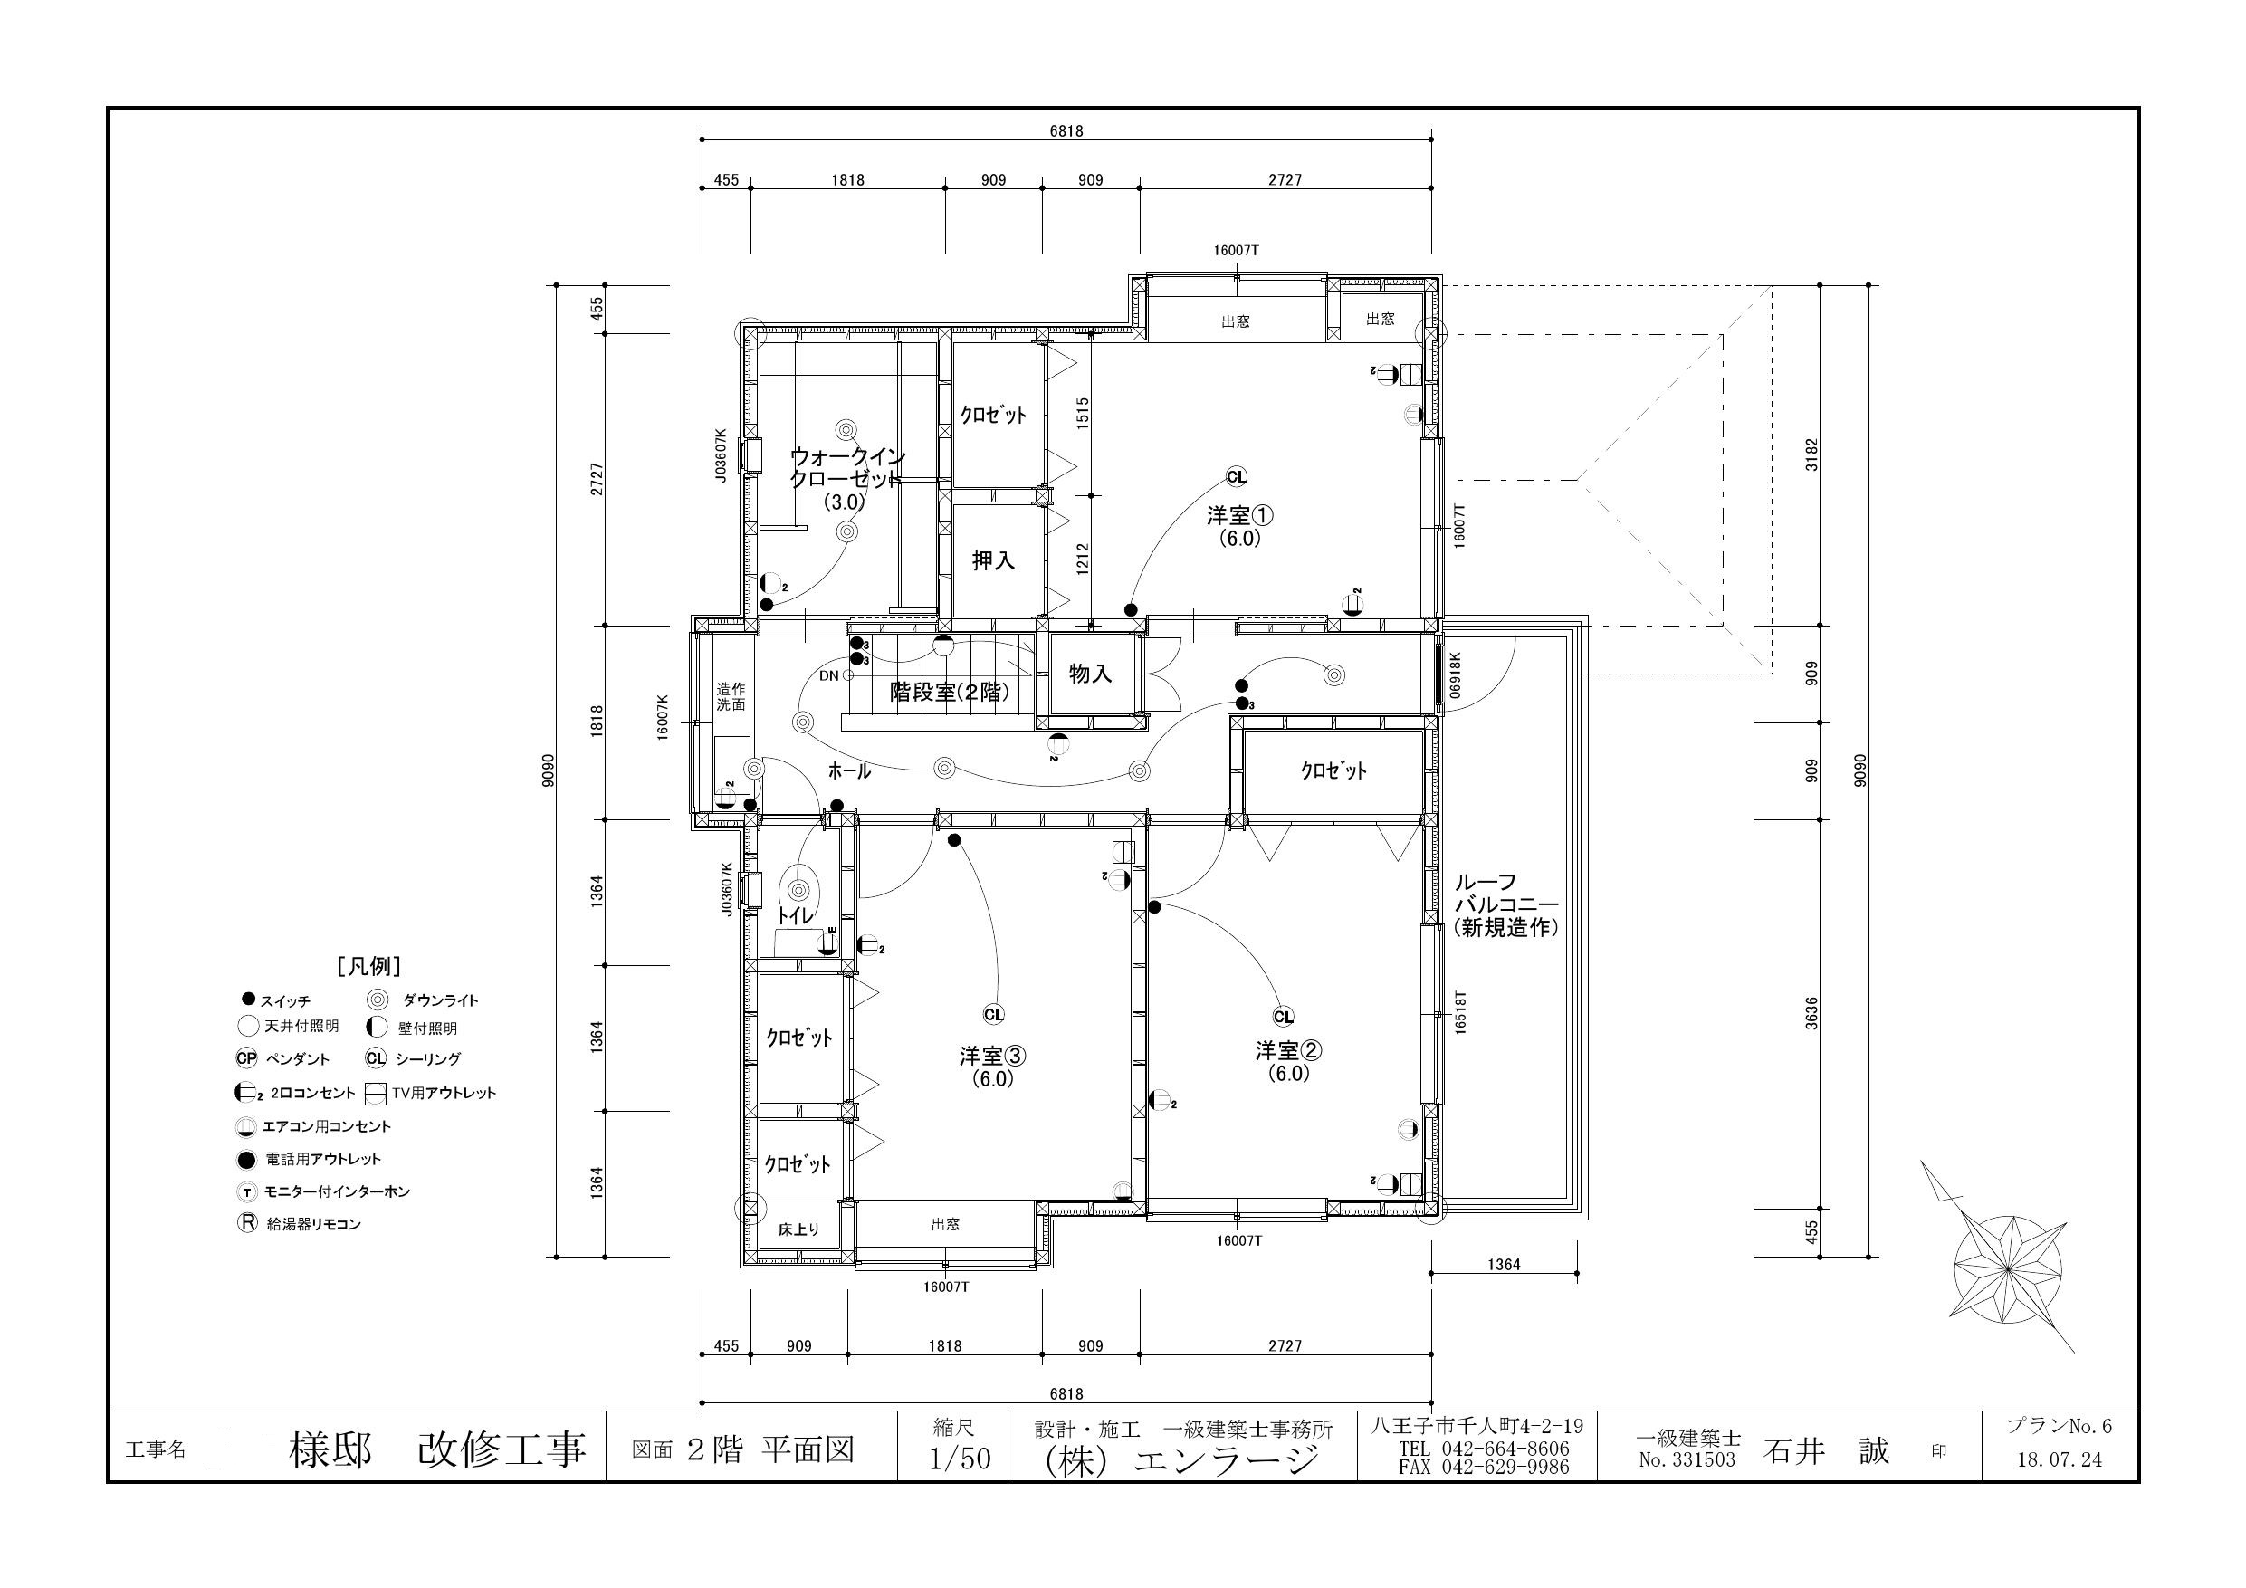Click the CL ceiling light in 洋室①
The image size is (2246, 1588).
[1237, 476]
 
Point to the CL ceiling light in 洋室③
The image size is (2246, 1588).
[993, 1015]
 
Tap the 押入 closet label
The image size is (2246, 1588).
[993, 560]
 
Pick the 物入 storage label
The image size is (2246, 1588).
[1090, 674]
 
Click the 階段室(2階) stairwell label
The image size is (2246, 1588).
[949, 692]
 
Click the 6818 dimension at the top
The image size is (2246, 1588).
[1066, 131]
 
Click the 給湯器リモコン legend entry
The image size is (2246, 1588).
[300, 1223]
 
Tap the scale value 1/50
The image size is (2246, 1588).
[960, 1459]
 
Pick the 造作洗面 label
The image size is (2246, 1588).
[730, 695]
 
